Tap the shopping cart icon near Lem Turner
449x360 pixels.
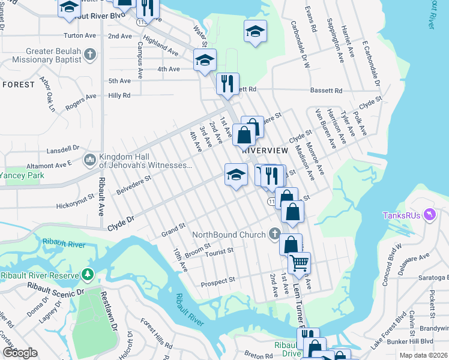(x=299, y=262)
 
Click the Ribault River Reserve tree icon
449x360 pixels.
(x=88, y=275)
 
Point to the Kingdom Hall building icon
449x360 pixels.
(x=90, y=160)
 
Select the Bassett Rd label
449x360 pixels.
(x=326, y=91)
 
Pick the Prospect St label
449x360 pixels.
(x=218, y=281)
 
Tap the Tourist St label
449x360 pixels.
(x=218, y=253)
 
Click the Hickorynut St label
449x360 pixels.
(x=76, y=196)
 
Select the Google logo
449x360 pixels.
(x=20, y=353)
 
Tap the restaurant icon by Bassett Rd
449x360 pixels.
(x=228, y=83)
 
